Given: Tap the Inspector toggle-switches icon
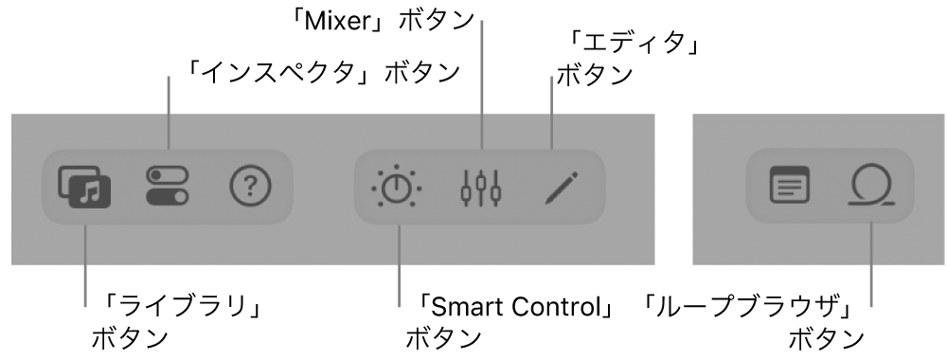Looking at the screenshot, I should click(168, 187).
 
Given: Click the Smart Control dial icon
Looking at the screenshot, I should click(397, 188).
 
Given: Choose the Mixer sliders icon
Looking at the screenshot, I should click(481, 188).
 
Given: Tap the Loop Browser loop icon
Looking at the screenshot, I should click(869, 188).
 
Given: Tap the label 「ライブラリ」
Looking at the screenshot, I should click(173, 307).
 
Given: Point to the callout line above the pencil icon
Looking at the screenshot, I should click(551, 114).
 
